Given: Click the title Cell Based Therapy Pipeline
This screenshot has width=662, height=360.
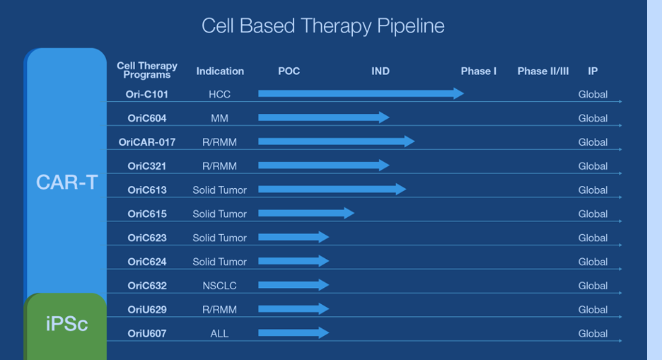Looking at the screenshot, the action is tap(323, 26).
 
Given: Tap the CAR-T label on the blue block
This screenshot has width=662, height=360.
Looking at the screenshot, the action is tap(66, 182).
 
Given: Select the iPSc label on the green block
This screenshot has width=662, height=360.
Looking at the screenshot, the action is tap(66, 324).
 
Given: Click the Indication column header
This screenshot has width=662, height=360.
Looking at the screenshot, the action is tap(220, 71).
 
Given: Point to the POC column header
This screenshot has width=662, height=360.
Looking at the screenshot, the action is tap(289, 71).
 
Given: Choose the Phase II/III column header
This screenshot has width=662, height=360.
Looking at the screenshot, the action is tap(543, 71).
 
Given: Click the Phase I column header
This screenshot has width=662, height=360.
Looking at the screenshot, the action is tap(478, 71).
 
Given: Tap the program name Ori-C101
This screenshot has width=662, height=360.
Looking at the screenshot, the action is tap(147, 94).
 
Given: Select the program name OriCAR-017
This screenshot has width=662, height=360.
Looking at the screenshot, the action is tap(147, 142).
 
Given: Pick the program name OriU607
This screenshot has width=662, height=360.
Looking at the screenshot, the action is tap(147, 333).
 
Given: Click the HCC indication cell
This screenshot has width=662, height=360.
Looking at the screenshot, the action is tap(219, 94).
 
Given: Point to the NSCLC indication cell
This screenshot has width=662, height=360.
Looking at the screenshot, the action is tap(219, 286).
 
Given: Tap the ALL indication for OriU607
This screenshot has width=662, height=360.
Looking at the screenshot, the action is tap(219, 333).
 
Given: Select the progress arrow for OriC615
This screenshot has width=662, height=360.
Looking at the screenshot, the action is tap(306, 213).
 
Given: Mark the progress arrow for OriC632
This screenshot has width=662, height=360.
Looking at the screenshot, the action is tap(294, 285).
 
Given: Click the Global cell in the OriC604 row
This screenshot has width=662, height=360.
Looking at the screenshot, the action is tap(593, 118).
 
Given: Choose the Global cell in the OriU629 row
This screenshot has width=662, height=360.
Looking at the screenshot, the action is tap(593, 309).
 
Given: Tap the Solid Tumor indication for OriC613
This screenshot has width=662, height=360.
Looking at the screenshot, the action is tap(219, 190).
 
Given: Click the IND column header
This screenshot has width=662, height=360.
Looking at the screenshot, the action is tap(381, 71).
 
